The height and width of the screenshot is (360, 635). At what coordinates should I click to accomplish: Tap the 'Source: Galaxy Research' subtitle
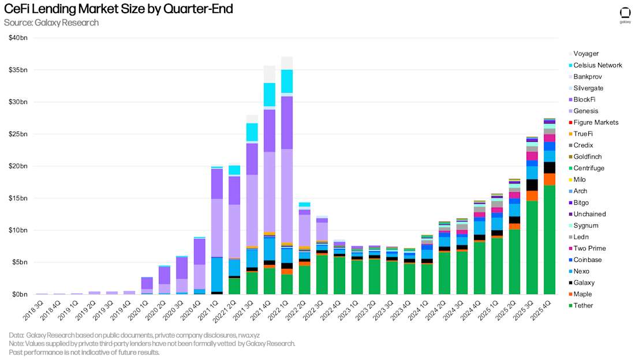(51, 22)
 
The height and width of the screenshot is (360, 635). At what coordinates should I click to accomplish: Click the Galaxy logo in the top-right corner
(625, 14)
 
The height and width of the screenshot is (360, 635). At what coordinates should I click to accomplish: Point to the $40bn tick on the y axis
(18, 38)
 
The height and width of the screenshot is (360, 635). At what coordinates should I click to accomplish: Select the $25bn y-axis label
(18, 134)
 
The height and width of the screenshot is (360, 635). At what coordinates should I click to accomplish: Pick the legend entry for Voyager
(585, 54)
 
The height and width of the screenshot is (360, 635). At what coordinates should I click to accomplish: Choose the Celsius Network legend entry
(597, 65)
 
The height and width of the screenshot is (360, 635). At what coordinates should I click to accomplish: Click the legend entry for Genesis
(585, 111)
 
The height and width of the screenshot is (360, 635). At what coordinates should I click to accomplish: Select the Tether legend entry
(583, 305)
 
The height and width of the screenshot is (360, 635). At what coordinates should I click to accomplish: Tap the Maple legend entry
(582, 294)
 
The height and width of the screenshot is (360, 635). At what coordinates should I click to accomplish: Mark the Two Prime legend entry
(589, 248)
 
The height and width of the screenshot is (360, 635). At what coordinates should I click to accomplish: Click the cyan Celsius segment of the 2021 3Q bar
(252, 132)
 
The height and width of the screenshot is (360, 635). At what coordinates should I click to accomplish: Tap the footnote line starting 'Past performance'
(84, 352)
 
